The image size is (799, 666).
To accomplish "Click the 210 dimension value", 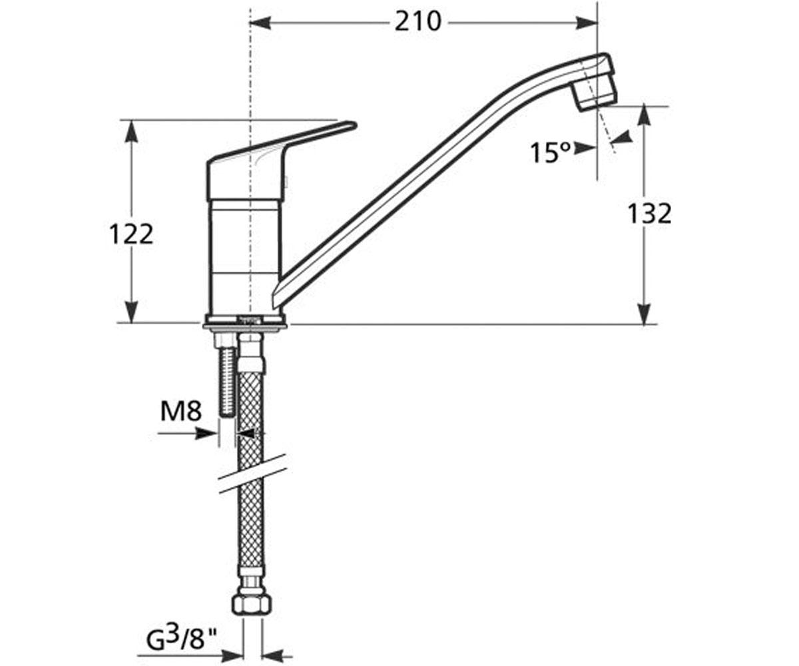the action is click(418, 22).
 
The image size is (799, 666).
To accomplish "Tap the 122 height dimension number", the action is click(131, 234).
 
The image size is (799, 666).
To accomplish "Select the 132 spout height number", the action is click(649, 214).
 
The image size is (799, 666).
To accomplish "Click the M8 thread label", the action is click(180, 412).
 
